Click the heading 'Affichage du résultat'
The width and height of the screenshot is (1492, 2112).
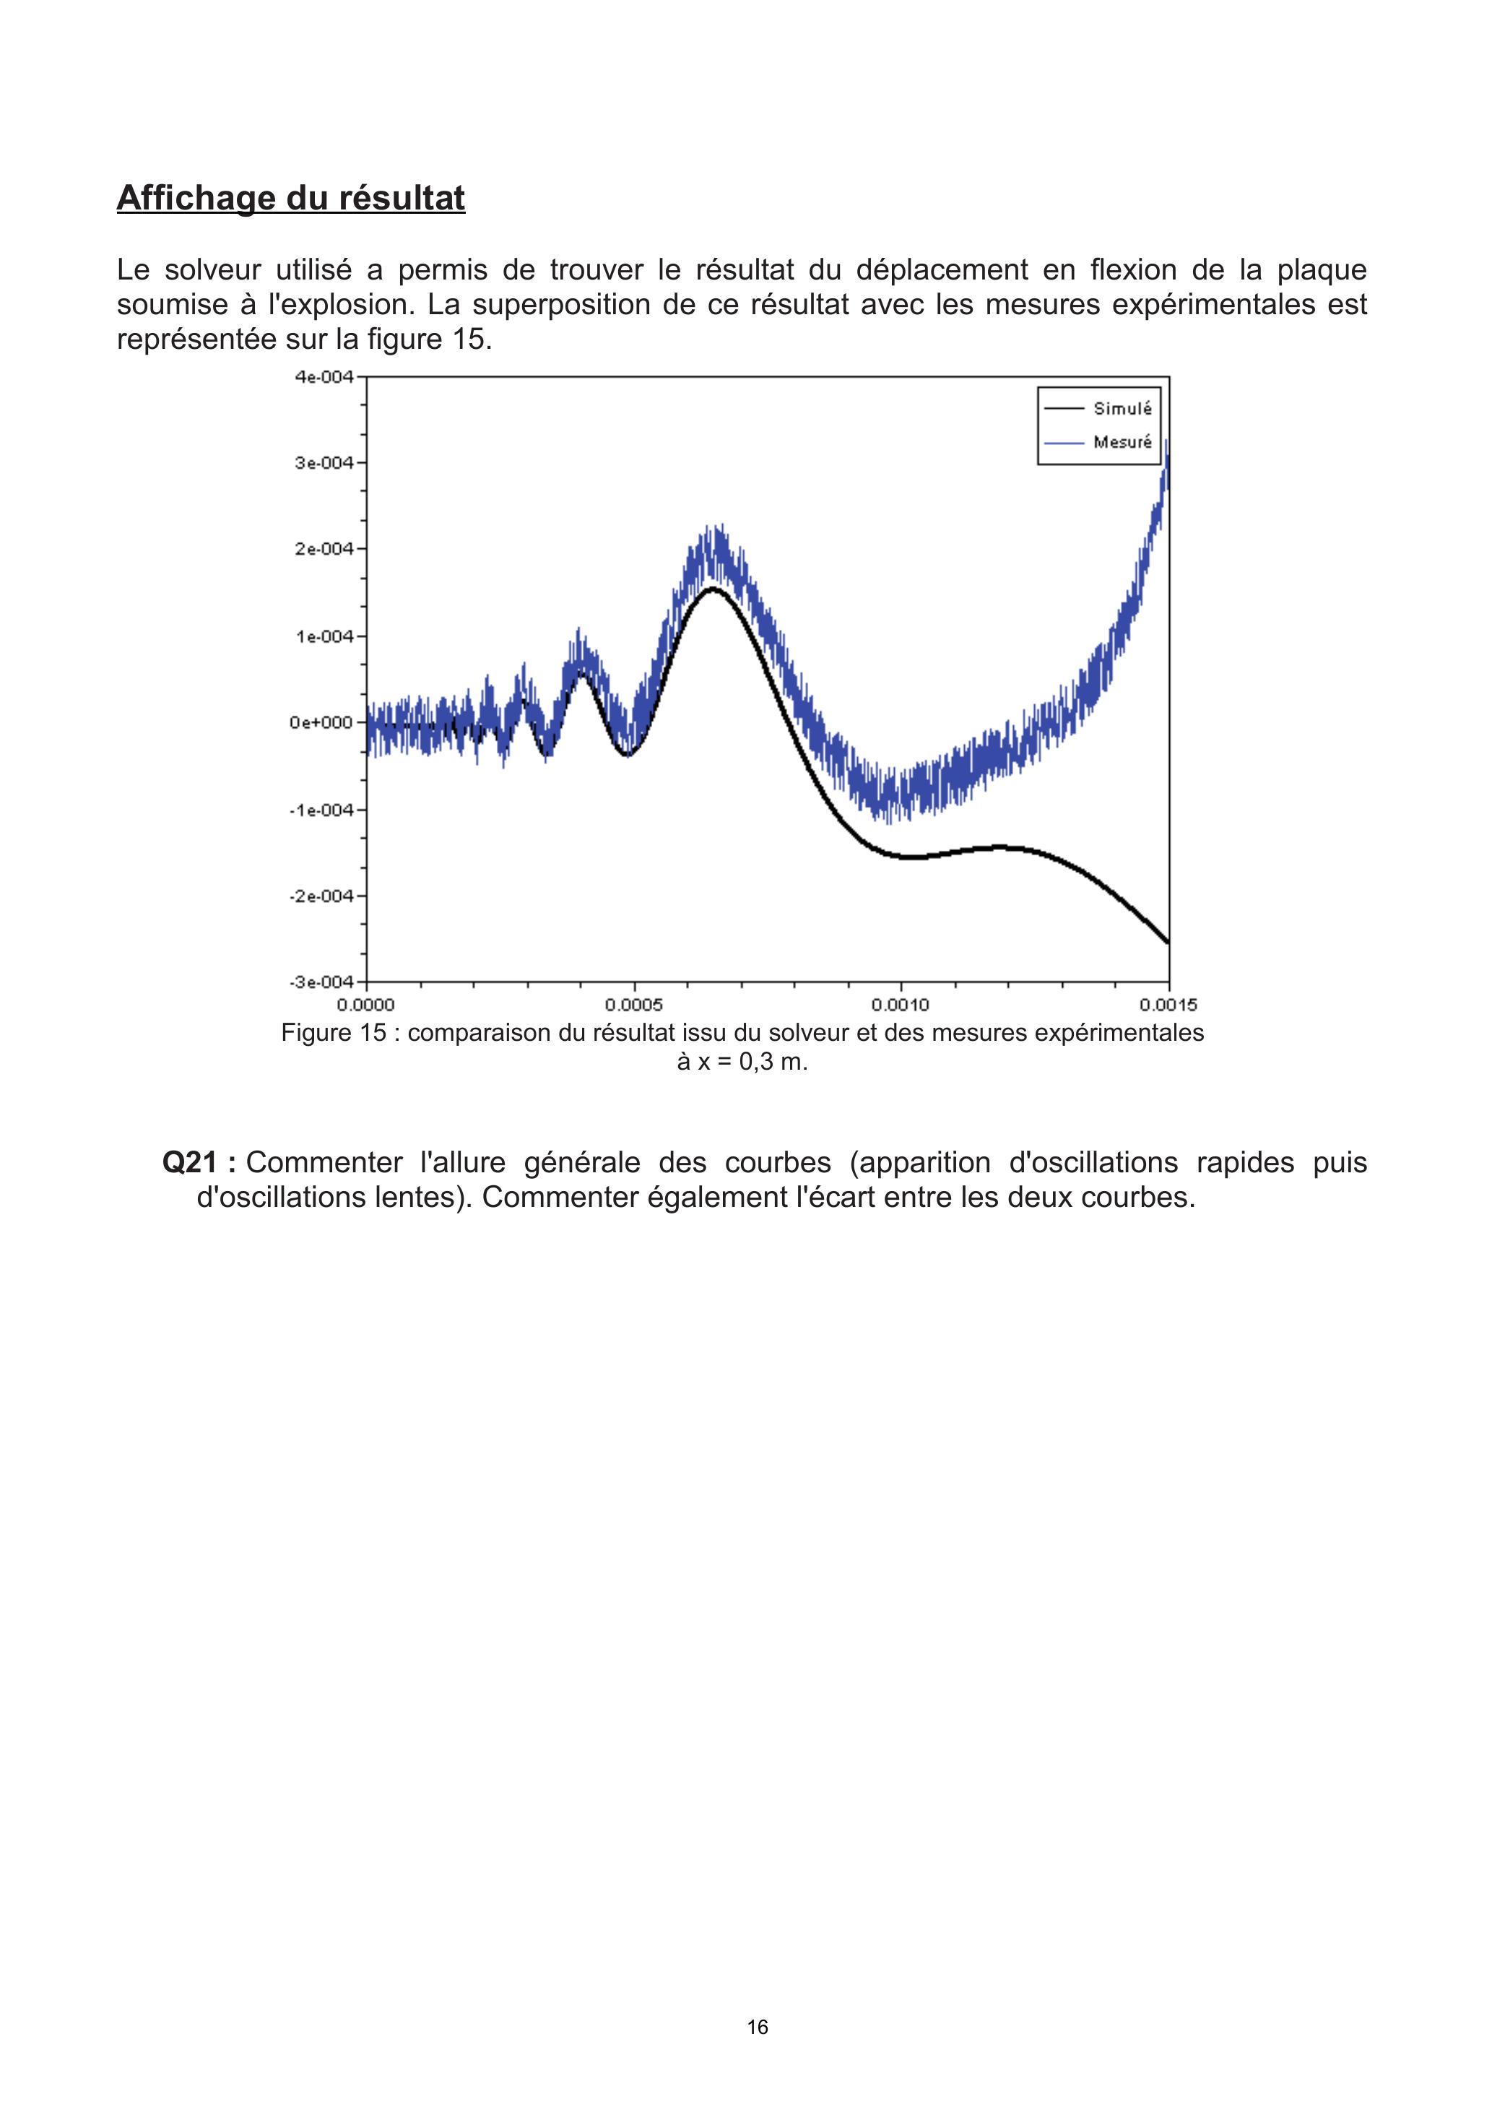[291, 198]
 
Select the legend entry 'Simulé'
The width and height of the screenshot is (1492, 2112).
[1122, 408]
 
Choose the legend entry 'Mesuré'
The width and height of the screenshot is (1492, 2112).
[1122, 443]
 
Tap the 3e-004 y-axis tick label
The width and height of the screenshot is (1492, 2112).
[324, 463]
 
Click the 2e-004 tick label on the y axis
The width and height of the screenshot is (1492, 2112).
[324, 549]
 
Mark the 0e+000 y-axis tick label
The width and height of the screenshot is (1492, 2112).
[321, 723]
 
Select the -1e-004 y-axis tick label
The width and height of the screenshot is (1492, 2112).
[321, 810]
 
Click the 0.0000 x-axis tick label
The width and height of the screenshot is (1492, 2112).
[366, 1005]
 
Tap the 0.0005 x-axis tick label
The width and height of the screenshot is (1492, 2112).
[634, 1005]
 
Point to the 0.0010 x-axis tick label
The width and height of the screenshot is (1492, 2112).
[901, 1005]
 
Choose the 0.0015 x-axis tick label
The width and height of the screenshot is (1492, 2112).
[1168, 1005]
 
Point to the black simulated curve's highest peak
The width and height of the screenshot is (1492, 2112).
[712, 589]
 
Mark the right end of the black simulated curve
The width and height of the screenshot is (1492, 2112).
[1167, 941]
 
